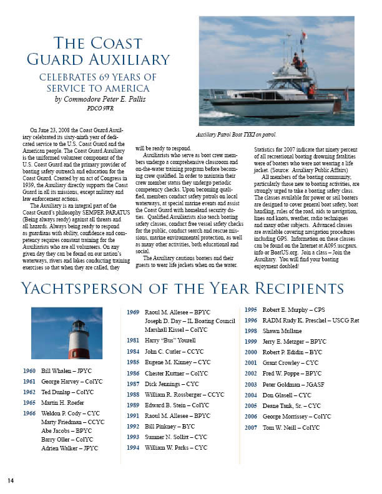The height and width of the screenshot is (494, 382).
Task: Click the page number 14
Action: click(x=11, y=480)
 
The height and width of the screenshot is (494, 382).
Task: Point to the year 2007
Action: click(x=250, y=427)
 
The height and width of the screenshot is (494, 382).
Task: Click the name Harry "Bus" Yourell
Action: click(x=169, y=341)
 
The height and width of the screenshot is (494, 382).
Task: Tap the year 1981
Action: click(x=133, y=341)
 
